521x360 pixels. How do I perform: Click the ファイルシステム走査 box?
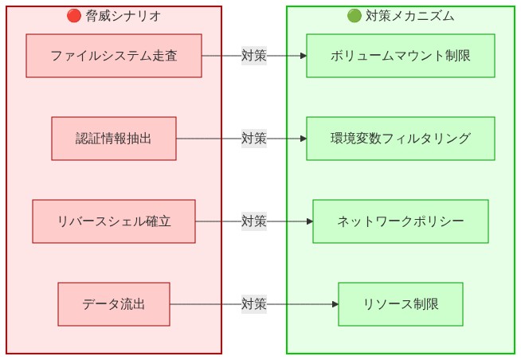click(x=113, y=56)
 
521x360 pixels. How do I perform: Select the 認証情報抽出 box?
click(x=113, y=139)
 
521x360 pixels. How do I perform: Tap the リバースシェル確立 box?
click(x=113, y=221)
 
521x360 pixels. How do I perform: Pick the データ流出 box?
click(x=113, y=304)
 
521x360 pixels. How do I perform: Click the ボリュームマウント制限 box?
click(x=400, y=56)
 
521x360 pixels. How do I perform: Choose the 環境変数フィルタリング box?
click(x=400, y=139)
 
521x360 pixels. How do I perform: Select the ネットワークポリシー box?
click(x=400, y=221)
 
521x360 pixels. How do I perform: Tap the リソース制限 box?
click(x=400, y=304)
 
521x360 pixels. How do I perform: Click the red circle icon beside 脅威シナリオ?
click(x=73, y=16)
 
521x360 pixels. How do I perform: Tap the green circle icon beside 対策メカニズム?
click(x=355, y=16)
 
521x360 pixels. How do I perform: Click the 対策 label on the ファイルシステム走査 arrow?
click(x=253, y=56)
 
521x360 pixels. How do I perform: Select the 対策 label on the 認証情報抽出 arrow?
click(x=253, y=139)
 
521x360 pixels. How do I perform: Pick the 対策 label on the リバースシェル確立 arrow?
click(x=253, y=221)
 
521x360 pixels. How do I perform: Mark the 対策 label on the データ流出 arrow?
click(x=253, y=304)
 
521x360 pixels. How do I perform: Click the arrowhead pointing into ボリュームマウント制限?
click(x=302, y=56)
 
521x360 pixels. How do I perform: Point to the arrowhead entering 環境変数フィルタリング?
click(x=302, y=139)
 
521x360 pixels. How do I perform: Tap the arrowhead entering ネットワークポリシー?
click(x=308, y=221)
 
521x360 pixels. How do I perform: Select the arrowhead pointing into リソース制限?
click(x=334, y=304)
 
